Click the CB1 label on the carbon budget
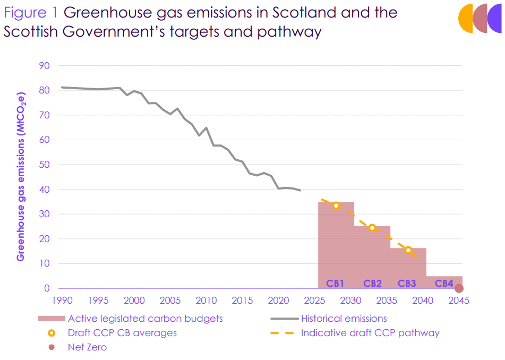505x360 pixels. [x=336, y=284]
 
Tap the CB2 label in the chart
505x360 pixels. [x=372, y=284]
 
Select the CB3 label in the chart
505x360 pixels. [x=407, y=284]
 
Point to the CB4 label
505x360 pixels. [x=444, y=284]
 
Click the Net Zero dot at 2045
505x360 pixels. [x=459, y=288]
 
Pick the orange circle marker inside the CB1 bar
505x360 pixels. [x=336, y=205]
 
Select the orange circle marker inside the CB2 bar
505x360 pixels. [x=372, y=228]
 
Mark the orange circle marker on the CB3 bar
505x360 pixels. [x=408, y=250]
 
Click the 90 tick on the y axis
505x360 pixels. [x=44, y=66]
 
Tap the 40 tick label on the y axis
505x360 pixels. [x=44, y=190]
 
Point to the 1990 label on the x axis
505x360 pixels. [x=62, y=300]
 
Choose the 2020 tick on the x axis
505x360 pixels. [x=278, y=300]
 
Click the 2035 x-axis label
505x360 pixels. [x=387, y=300]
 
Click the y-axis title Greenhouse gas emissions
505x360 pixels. [x=21, y=177]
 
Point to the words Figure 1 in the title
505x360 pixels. [x=31, y=12]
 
